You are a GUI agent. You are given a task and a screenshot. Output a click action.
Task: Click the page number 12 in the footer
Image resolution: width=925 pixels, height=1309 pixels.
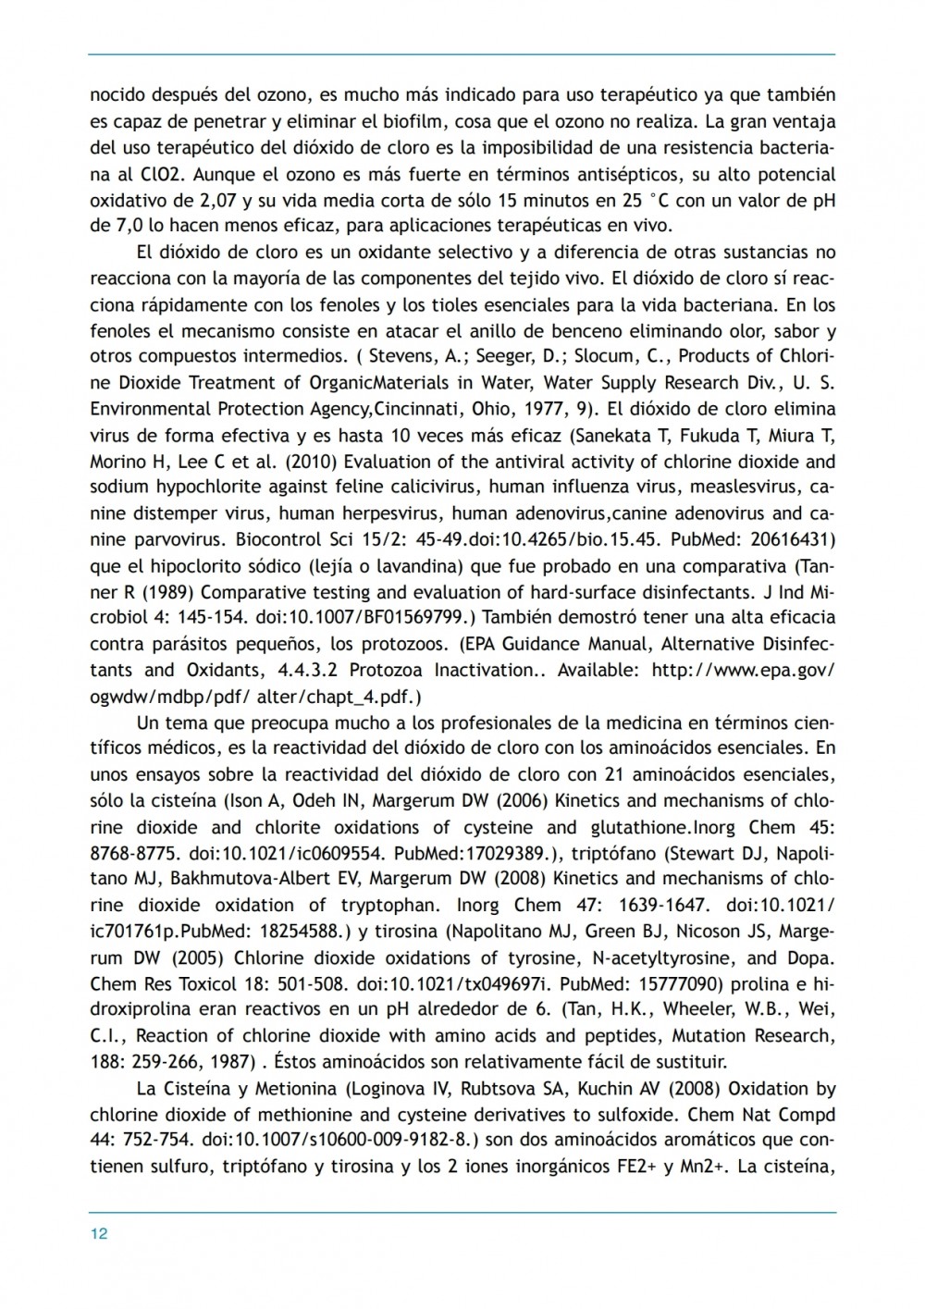(99, 1233)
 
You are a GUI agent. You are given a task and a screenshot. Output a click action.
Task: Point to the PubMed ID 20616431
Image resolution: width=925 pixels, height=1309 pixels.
(788, 539)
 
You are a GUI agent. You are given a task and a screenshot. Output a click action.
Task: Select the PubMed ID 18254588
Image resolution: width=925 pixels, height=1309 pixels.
(293, 931)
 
